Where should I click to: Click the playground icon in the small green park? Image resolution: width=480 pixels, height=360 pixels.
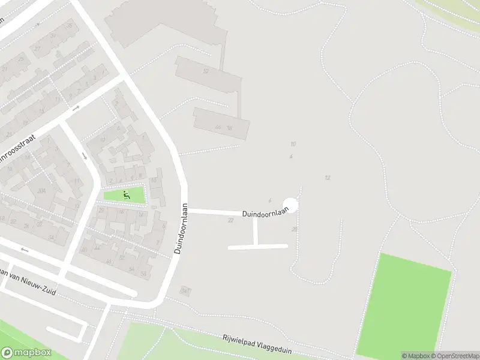coord(126,194)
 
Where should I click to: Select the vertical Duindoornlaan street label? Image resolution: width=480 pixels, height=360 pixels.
coord(182,228)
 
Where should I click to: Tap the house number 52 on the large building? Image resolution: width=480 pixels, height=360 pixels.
coord(206,71)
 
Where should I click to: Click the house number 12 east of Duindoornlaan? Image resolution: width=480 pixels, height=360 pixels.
coord(328,178)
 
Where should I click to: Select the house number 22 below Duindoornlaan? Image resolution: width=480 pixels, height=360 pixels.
coord(230,220)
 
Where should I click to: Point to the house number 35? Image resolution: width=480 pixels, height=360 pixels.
coord(70,26)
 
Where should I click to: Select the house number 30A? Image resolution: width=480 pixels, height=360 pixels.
coord(41,191)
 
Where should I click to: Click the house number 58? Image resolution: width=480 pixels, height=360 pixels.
coord(143,274)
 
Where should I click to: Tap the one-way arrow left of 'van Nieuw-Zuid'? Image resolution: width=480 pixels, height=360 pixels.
coord(25,250)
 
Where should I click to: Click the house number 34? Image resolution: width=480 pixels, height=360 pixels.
coord(50,238)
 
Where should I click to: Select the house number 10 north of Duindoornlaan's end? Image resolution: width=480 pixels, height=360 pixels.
coord(293,144)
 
